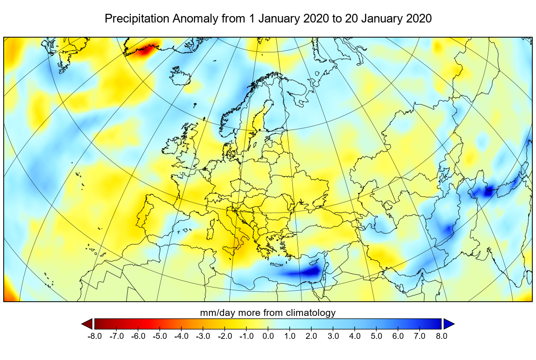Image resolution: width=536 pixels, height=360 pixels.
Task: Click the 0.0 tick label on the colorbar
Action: tap(268, 336)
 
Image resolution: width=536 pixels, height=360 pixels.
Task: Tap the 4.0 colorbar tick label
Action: tap(355, 336)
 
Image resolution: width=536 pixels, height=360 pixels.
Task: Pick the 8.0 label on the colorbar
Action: tap(441, 336)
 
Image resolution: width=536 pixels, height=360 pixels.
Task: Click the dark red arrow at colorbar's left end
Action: tap(87, 324)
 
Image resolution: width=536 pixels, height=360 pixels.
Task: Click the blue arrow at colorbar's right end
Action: tap(448, 324)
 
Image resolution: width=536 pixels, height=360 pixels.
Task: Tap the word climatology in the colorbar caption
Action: tap(308, 313)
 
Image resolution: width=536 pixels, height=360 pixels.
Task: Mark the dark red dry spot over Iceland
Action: tap(144, 51)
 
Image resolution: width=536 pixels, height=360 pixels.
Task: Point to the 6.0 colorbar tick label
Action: tap(398, 336)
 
